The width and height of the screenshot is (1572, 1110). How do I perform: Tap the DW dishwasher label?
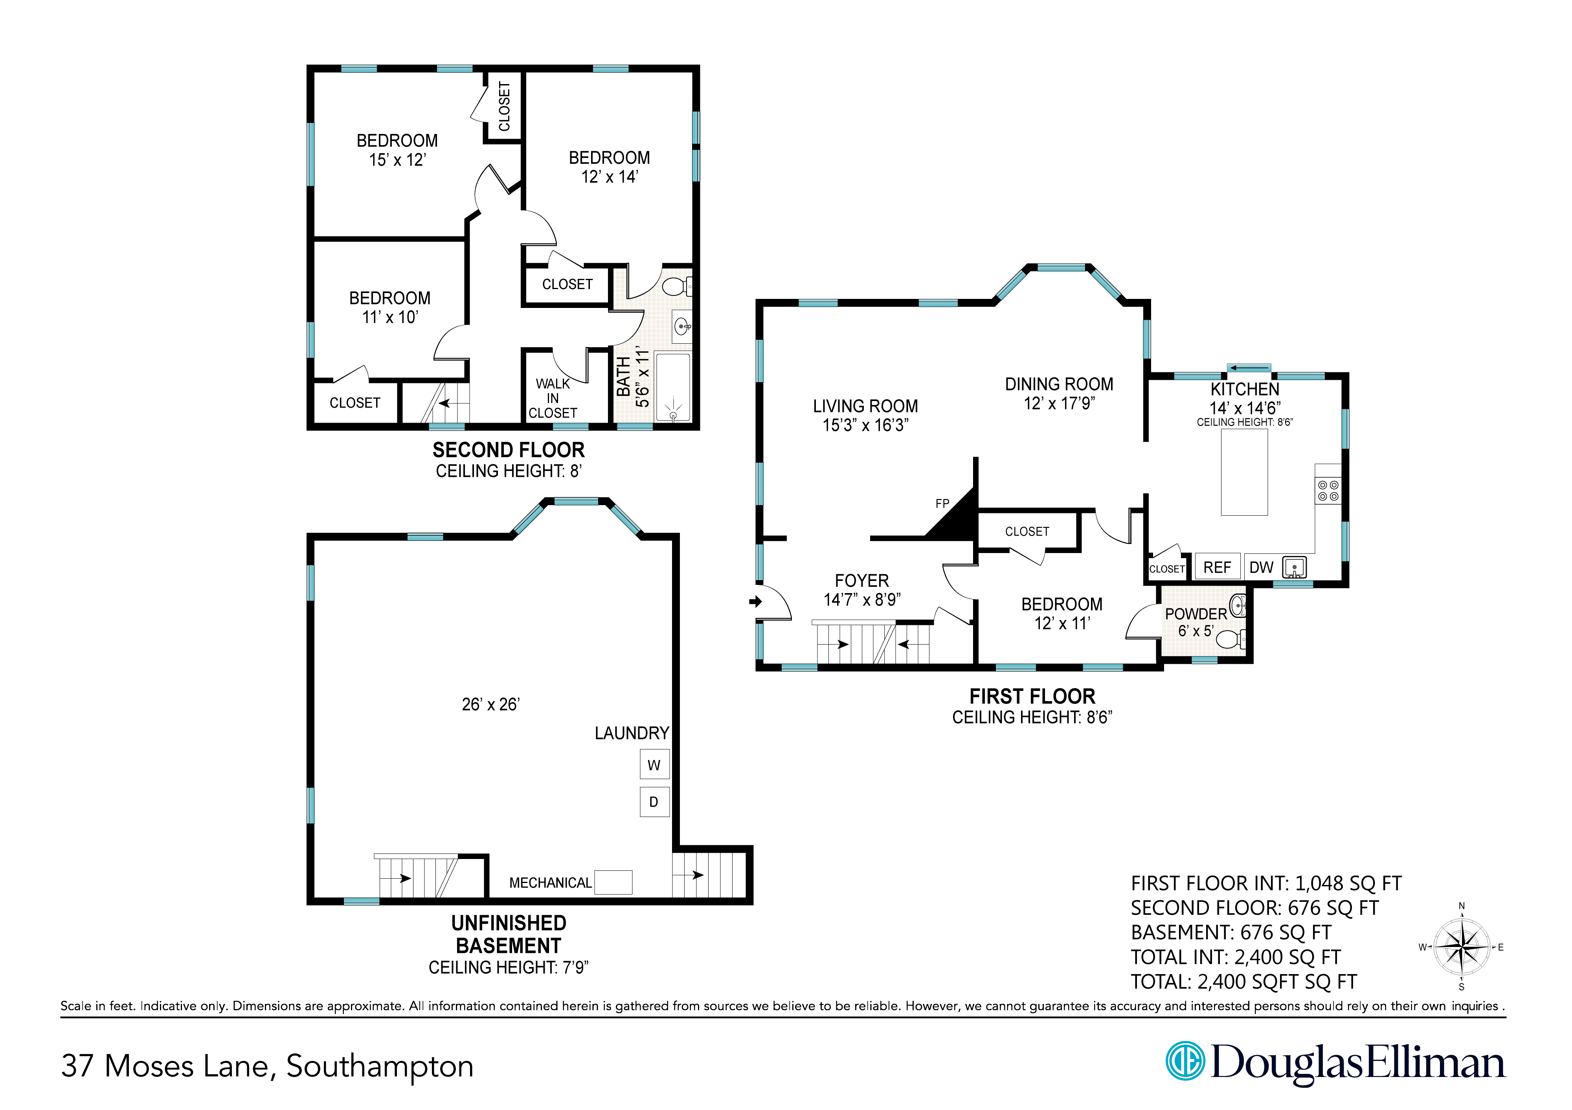click(x=1261, y=567)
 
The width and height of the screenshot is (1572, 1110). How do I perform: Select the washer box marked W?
click(x=654, y=764)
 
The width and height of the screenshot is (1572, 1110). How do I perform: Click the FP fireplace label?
click(x=942, y=504)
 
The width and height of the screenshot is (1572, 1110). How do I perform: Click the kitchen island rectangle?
click(x=1244, y=472)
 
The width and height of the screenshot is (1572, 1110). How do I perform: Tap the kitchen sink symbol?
click(x=1294, y=567)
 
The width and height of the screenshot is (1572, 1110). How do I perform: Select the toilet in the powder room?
click(x=1230, y=639)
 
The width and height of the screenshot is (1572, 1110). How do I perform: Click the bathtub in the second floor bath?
click(x=674, y=386)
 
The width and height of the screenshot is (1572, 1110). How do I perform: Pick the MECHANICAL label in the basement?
click(x=551, y=883)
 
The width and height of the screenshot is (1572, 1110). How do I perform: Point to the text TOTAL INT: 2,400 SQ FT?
click(x=1236, y=957)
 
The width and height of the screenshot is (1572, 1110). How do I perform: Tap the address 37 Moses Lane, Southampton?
click(x=267, y=1066)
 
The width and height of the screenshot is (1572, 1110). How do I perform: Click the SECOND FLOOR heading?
click(x=509, y=450)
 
